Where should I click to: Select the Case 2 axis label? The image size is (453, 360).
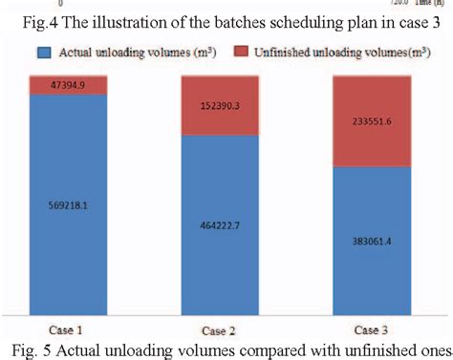(221, 327)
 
